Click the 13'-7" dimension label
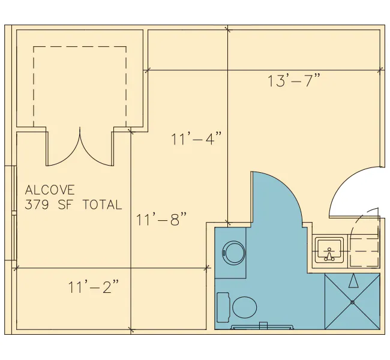coord(293,80)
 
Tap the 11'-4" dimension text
coord(196,139)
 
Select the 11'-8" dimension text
coord(161,219)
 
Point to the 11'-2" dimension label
coord(93,287)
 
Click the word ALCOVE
coord(50,190)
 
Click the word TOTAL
coord(102,205)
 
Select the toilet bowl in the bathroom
coord(244,307)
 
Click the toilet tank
coord(223,307)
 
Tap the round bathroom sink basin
coord(234,253)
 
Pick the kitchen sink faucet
coord(329,255)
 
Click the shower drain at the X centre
coord(352,302)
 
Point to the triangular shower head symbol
coord(353,281)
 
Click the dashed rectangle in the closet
coord(80,47)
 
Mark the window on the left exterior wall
coord(14,213)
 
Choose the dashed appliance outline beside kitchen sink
coord(364,251)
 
